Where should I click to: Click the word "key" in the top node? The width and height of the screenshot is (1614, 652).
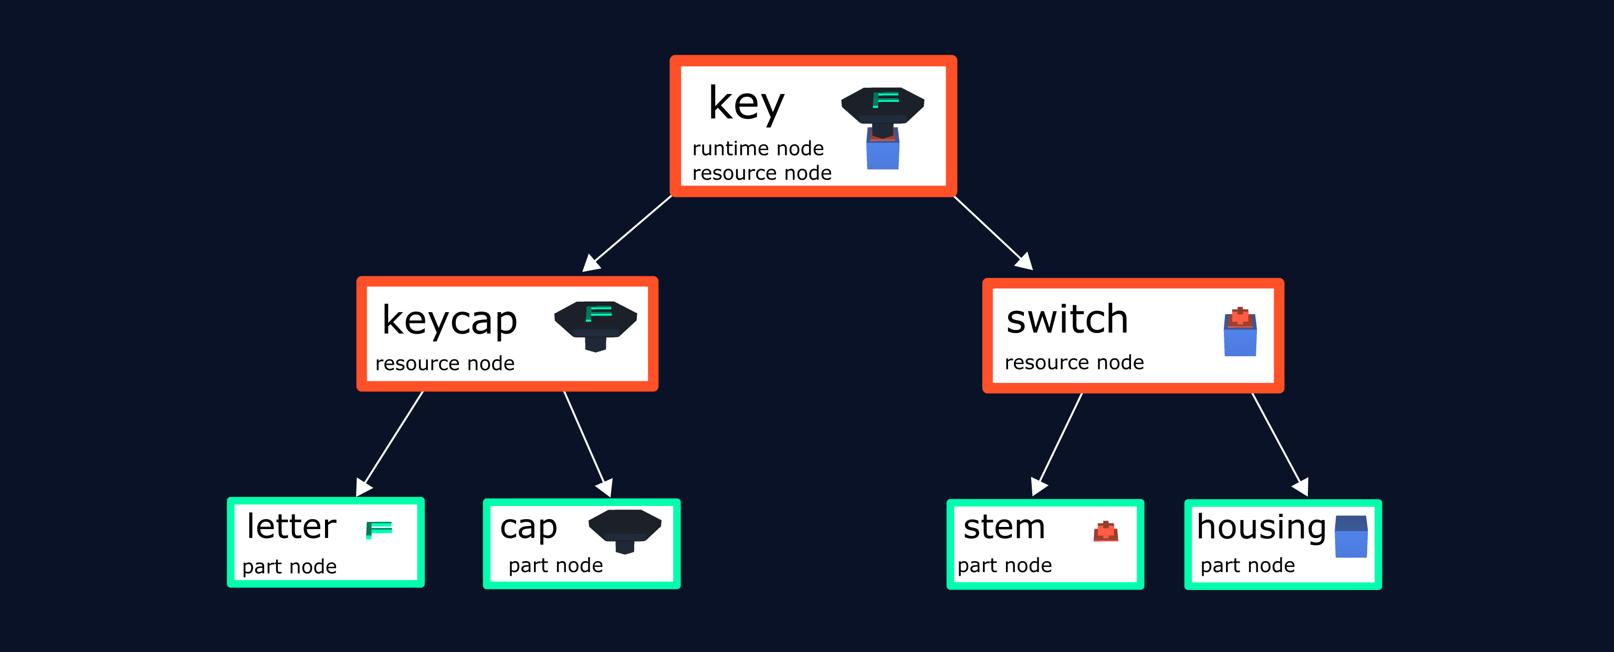click(x=746, y=104)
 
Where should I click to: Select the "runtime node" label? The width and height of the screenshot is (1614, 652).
click(x=758, y=149)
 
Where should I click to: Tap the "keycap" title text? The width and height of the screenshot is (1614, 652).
click(x=449, y=321)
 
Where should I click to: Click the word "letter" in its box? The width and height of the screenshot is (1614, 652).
click(x=291, y=526)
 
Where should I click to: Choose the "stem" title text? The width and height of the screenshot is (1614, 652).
click(x=1004, y=526)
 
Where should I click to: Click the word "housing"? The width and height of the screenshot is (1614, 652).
click(x=1261, y=526)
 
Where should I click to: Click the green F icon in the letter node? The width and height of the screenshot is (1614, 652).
click(x=379, y=530)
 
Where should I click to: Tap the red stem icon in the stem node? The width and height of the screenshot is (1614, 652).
click(x=1106, y=531)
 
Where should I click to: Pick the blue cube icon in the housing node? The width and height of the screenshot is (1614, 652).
click(x=1351, y=536)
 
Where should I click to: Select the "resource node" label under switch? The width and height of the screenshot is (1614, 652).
click(x=1074, y=363)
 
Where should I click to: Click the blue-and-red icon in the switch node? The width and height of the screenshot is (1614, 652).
click(x=1240, y=332)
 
